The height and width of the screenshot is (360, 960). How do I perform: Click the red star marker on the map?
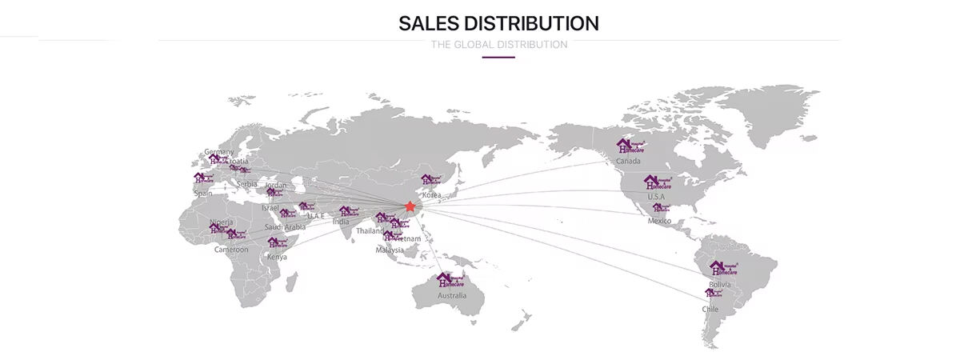pos(410,206)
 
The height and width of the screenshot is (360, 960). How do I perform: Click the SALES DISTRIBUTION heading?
pos(498,22)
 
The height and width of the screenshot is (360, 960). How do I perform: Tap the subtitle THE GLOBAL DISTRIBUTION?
pos(498,45)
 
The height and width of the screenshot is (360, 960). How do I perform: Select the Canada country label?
pos(628,162)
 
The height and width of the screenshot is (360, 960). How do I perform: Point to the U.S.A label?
pos(656,197)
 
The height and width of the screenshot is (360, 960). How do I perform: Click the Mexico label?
pos(659,221)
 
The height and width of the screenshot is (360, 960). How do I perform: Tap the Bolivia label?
pos(720,284)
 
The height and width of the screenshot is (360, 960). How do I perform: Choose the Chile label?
pos(710,309)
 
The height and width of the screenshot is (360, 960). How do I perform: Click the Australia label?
pos(452,295)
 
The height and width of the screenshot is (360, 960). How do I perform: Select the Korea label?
pos(432,195)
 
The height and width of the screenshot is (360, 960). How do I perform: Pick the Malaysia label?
pos(390,250)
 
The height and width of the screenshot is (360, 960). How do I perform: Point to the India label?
pos(341,222)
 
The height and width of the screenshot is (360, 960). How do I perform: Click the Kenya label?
pos(277,257)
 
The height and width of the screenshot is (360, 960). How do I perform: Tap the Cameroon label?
pos(231,250)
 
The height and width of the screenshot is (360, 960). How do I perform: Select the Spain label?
pos(203,193)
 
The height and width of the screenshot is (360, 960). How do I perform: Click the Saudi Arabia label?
pos(284,227)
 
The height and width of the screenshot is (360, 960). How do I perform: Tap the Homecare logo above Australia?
pos(450,280)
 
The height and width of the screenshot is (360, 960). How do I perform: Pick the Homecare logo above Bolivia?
pos(722,269)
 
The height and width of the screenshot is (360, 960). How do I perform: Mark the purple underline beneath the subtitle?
pos(498,57)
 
